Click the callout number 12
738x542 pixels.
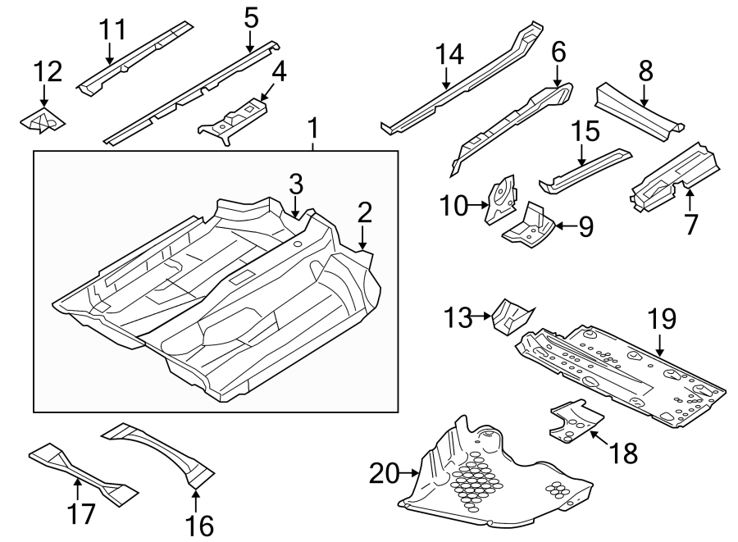tap(48, 71)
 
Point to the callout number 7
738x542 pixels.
tap(691, 222)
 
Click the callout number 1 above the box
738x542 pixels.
tap(312, 129)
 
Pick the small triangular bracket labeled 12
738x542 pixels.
tap(43, 121)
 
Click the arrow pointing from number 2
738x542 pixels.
tap(363, 241)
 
